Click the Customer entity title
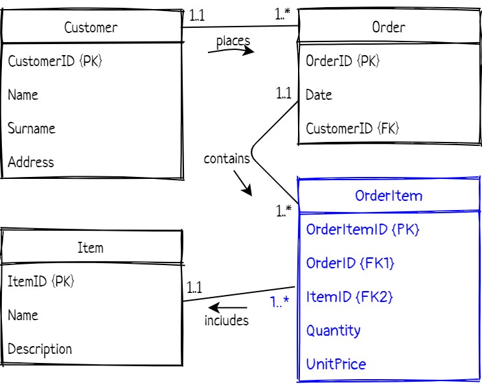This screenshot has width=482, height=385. coord(91,27)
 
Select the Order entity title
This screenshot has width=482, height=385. coord(389,27)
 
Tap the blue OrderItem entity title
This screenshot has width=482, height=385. coord(389,196)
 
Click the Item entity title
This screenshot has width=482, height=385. coord(90,248)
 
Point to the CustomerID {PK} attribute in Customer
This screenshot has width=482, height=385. coord(55,61)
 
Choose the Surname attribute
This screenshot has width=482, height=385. coord(31,128)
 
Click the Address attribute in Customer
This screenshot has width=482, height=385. coord(31,162)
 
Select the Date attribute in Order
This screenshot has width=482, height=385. coord(319,95)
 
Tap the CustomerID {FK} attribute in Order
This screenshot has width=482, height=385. coord(352,128)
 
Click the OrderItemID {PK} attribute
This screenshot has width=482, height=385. coord(358,229)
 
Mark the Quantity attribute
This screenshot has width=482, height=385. coord(334,331)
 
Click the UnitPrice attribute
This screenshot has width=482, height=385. coord(336,364)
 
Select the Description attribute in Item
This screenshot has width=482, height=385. coord(40,349)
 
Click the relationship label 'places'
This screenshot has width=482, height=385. coord(233,41)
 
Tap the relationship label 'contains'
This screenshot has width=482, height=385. coord(227,158)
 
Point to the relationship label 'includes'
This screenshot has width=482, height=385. coord(227,320)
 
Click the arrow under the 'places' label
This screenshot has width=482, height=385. coord(231,52)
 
